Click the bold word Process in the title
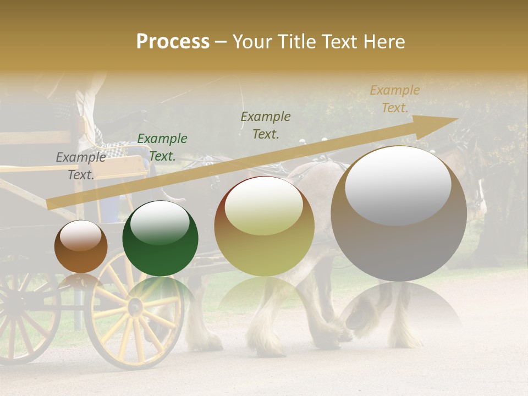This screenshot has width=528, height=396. tap(173, 42)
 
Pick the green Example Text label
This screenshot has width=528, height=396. tap(162, 147)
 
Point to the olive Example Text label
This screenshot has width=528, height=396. tap(266, 125)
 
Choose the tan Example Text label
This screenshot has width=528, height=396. tap(394, 99)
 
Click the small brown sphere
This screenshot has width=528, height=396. tap(81, 247)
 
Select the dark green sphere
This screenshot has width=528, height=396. tap(160, 239)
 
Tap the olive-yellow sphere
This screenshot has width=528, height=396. tap(264, 227)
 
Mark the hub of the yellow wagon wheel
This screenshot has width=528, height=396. tap(135, 306)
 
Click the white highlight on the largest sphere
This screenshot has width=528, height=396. tap(398, 185)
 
